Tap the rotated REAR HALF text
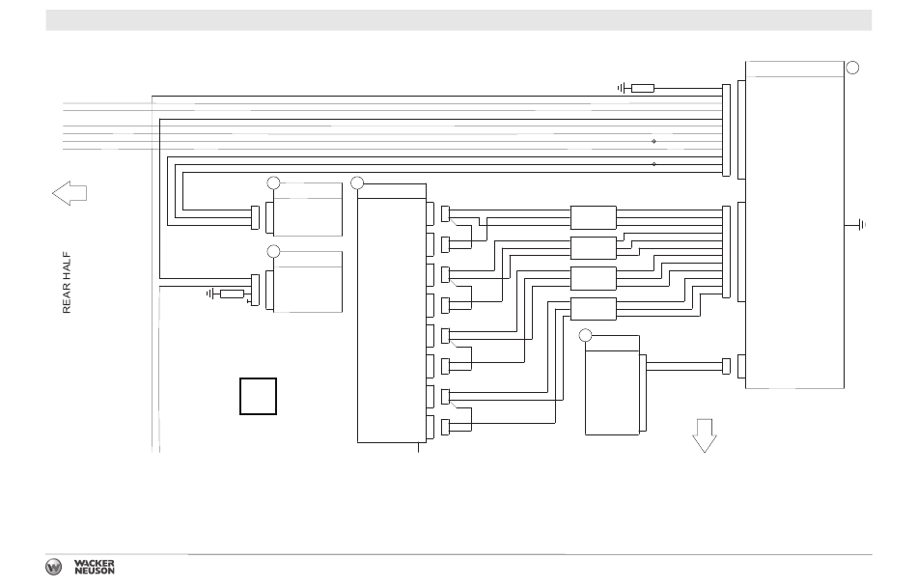(x=68, y=283)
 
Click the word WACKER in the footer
(x=95, y=561)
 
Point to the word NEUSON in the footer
(x=95, y=572)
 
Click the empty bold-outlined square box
(x=258, y=397)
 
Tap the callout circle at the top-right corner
(x=852, y=68)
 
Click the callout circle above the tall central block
(x=357, y=182)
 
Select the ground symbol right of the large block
(x=861, y=225)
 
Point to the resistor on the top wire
(x=643, y=88)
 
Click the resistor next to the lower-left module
(x=232, y=294)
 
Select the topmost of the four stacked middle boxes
(x=594, y=217)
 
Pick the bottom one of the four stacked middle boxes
(x=594, y=309)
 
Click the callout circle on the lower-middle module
(x=585, y=334)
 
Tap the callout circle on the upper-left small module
(x=273, y=182)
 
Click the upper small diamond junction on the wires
(x=654, y=141)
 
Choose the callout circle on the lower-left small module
(x=273, y=251)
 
